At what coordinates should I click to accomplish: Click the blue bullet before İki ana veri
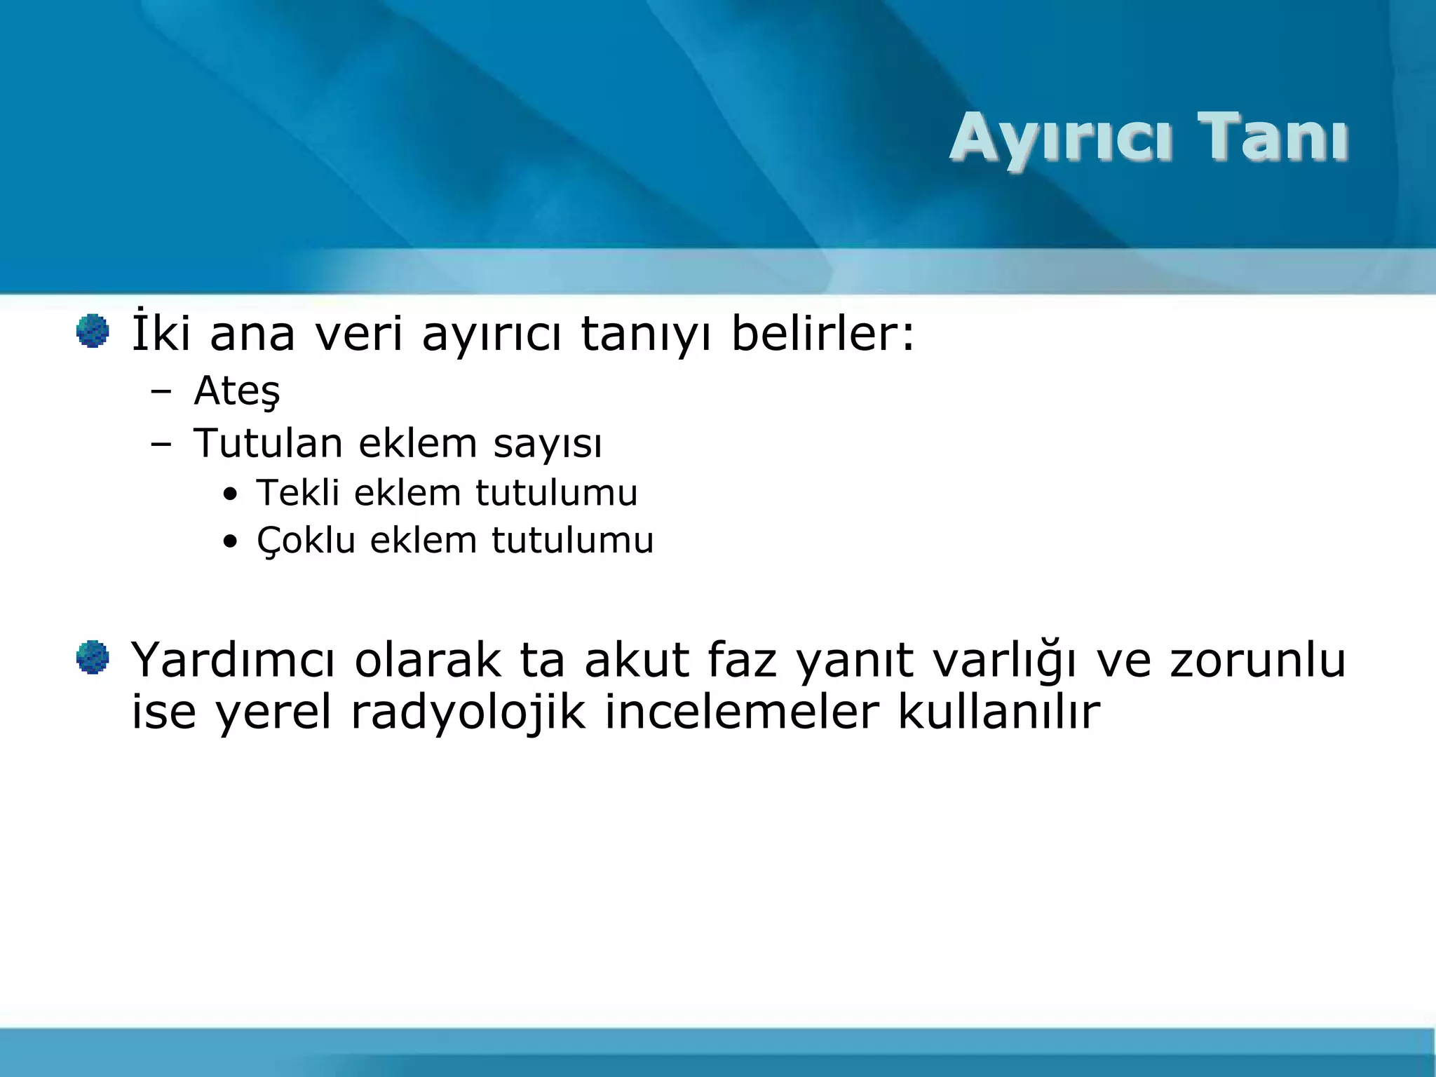93,331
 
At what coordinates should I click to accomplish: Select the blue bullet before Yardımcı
93,658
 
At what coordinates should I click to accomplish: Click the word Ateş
237,391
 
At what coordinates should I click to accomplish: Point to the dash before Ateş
161,392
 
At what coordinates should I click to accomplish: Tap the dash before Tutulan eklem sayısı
161,445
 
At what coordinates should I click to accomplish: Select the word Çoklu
306,541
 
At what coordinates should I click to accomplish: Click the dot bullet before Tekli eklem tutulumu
230,495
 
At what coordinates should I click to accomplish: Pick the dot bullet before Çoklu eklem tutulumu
230,543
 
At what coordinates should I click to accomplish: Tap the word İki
161,333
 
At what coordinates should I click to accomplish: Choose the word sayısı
548,445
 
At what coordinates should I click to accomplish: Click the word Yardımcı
233,661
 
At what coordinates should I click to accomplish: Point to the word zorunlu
1257,661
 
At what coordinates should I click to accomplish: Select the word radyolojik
468,712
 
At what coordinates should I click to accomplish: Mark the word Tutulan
268,443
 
